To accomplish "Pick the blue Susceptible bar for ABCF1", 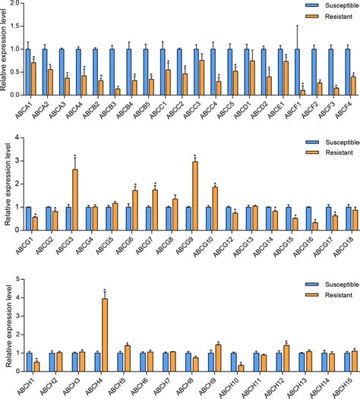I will click(300, 71).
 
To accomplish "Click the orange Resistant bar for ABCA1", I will click(33, 77).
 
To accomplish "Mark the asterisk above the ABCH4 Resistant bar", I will click(105, 291).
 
